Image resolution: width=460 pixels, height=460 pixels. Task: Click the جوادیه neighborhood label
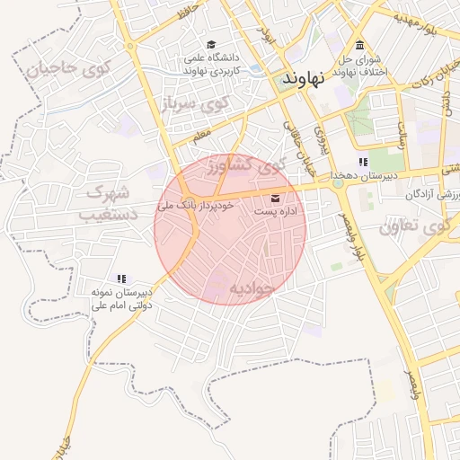(238, 288)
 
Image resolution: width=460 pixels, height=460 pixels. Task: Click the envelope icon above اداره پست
(275, 198)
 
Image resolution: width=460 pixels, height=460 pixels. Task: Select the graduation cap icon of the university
(211, 44)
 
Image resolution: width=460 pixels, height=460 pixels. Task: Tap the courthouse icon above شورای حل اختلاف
(360, 45)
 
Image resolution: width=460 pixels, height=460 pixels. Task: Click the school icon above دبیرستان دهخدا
(363, 162)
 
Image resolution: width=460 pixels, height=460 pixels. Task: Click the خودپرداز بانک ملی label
(196, 206)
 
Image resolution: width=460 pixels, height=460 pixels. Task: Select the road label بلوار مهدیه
(422, 27)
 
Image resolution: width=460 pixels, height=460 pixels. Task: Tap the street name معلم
(201, 136)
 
